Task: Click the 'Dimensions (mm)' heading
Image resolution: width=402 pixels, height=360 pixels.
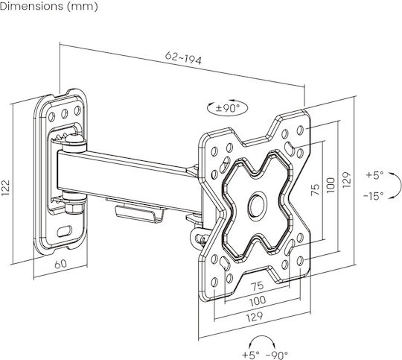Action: click(48, 7)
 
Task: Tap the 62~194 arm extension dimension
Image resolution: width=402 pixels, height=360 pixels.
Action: click(183, 58)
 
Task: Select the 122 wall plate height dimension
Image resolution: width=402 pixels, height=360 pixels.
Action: click(6, 188)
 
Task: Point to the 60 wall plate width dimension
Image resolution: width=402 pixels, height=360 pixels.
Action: click(61, 264)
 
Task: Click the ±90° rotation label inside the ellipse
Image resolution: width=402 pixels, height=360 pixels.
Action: click(227, 108)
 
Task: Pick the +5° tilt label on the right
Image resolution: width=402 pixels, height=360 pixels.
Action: click(374, 175)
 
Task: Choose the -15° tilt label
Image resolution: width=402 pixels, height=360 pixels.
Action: click(373, 196)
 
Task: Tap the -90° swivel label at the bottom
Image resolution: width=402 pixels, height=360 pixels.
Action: click(277, 355)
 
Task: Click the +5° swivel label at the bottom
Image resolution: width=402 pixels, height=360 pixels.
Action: click(251, 355)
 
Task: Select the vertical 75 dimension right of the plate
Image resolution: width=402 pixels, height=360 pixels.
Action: click(316, 189)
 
